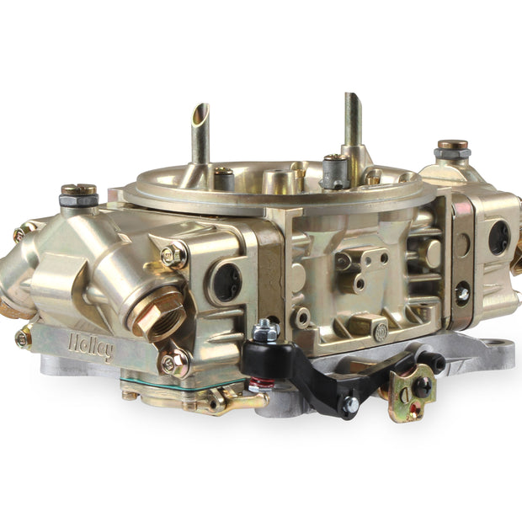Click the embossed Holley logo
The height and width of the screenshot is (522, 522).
[91, 348]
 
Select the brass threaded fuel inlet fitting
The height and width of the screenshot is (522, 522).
[157, 313]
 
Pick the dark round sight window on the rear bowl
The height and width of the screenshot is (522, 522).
[499, 238]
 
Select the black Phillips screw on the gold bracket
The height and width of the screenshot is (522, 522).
[423, 387]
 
